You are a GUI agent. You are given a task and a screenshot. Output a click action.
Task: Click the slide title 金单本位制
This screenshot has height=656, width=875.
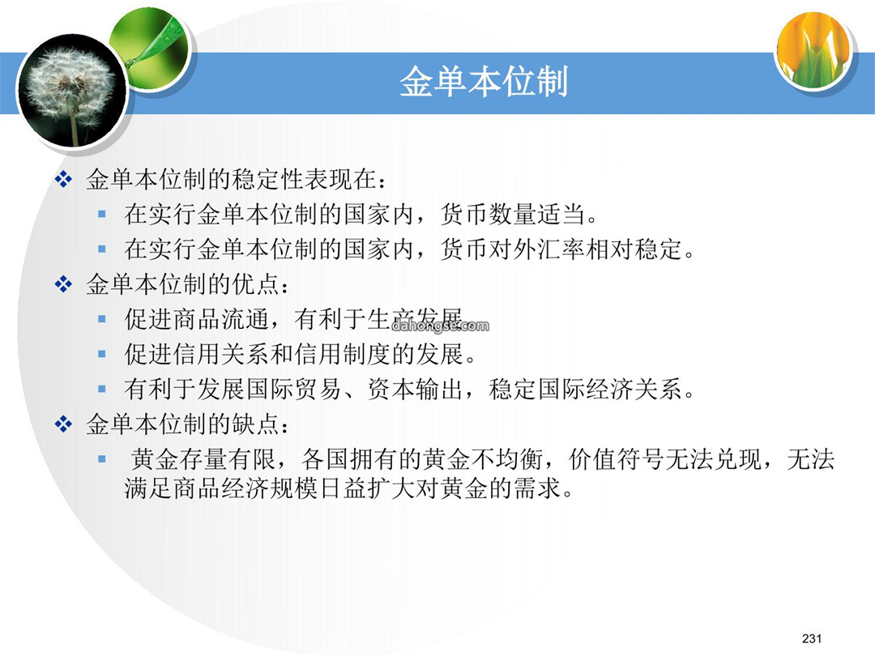click(484, 82)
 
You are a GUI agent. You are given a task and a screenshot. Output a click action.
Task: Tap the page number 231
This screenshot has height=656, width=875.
click(811, 638)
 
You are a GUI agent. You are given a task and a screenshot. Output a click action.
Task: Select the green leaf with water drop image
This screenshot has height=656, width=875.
click(150, 49)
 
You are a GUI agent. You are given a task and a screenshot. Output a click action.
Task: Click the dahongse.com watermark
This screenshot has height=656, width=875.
click(440, 326)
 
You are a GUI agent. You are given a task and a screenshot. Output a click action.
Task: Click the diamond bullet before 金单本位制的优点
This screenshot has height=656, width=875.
click(63, 284)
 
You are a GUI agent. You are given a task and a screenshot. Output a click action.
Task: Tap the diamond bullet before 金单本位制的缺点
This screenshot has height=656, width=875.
click(63, 424)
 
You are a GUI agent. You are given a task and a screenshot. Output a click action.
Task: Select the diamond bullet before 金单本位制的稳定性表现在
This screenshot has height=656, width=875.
click(63, 180)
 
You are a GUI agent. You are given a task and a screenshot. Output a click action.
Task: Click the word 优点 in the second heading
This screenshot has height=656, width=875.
click(255, 284)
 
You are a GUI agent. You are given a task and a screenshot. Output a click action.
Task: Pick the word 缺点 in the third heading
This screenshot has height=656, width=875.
click(255, 424)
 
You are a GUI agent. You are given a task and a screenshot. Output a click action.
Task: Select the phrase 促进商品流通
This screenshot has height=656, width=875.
click(197, 320)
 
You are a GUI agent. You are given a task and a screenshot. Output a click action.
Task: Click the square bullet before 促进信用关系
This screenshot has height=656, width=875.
click(101, 354)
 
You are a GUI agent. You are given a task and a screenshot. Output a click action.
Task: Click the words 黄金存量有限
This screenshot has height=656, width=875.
click(203, 460)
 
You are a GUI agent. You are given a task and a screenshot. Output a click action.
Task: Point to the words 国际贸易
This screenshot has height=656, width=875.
click(294, 390)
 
